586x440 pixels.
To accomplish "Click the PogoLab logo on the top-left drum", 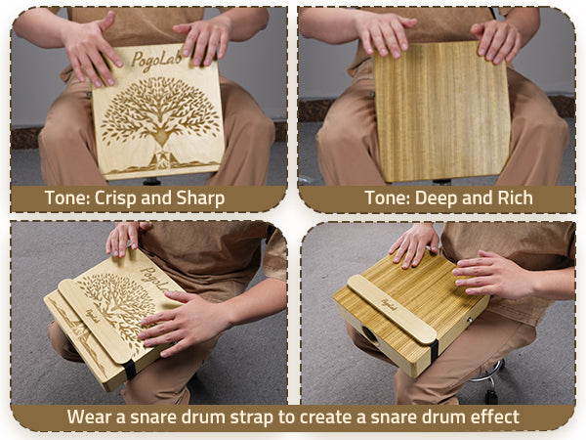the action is click(x=157, y=60).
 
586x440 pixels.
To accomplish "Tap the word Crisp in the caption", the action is click(x=114, y=198).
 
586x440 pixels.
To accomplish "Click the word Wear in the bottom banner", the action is click(x=91, y=417).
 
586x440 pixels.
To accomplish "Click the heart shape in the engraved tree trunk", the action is click(x=161, y=137).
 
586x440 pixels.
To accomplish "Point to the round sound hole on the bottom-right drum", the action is click(x=369, y=333).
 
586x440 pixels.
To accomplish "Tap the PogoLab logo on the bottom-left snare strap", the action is click(x=93, y=316).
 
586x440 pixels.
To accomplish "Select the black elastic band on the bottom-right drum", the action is click(x=434, y=350).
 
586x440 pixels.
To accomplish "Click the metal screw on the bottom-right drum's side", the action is click(x=470, y=320).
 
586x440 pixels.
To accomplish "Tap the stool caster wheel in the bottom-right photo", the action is click(x=491, y=396).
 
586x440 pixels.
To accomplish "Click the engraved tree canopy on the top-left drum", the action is click(x=160, y=107).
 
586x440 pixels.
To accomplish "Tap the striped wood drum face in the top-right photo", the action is click(x=441, y=111).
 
